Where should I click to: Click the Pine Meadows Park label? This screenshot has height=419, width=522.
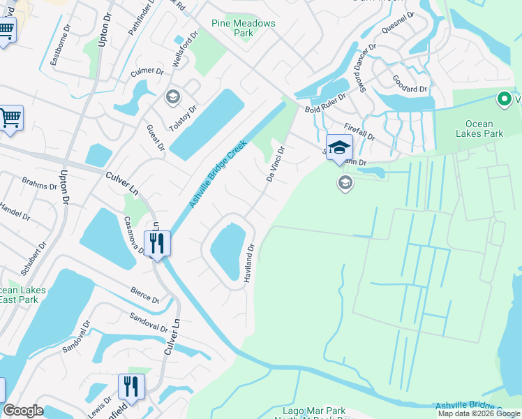click(x=244, y=28)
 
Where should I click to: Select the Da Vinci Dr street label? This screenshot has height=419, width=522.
click(x=275, y=163)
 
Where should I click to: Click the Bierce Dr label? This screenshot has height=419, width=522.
click(x=144, y=295)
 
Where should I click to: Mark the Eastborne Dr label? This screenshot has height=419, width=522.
click(x=61, y=46)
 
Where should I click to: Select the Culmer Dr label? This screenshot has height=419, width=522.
click(x=147, y=72)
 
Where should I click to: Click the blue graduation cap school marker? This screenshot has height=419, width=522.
click(x=340, y=147)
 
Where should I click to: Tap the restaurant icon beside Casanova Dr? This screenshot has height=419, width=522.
click(x=157, y=244)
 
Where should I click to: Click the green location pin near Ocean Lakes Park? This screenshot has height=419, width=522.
click(x=504, y=100)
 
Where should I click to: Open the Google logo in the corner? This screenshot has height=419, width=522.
click(x=24, y=411)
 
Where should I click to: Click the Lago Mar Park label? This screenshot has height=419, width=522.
click(x=314, y=411)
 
